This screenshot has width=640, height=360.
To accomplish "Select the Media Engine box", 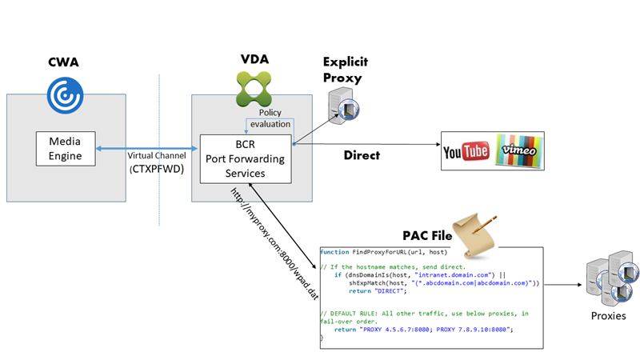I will [x=66, y=150].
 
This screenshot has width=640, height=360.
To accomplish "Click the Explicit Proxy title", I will [x=342, y=70].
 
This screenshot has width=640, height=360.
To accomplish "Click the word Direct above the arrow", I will [x=362, y=155].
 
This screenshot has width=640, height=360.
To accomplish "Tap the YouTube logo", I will [x=466, y=151].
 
